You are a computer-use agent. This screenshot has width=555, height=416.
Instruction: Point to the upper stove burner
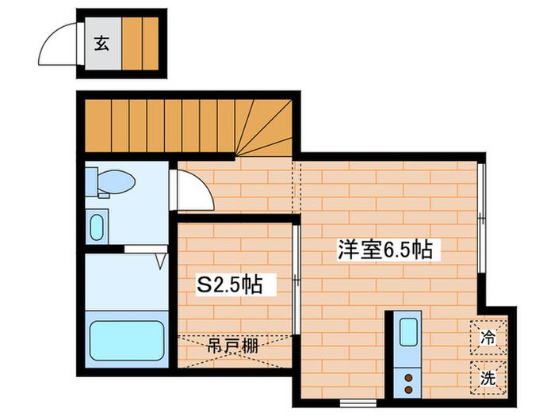pos(409,377)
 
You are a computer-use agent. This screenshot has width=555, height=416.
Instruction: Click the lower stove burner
pos(409,390)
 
